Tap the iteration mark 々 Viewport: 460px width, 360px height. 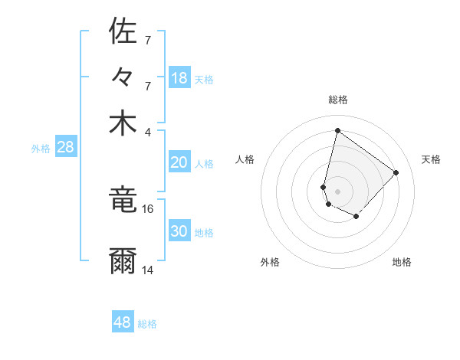pos(123,78)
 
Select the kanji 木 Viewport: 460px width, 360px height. pos(123,123)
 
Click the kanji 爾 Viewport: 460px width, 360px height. pos(123,261)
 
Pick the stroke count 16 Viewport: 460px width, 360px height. pos(148,208)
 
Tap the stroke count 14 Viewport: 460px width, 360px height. pos(148,270)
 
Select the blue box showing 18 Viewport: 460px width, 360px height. pos(179,77)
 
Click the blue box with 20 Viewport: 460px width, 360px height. pos(179,162)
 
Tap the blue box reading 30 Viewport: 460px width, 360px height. pos(179,231)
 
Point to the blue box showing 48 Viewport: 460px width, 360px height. pos(123,322)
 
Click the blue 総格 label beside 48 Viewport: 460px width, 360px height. pos(147,324)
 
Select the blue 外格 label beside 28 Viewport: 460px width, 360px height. pos(41,149)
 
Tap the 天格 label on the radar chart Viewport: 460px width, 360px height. pos(432,159)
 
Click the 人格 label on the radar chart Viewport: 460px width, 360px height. pos(245,159)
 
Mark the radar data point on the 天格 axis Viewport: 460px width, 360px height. pos(396,172)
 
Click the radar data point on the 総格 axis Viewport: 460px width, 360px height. pos(337,130)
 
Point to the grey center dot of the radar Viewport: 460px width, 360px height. pos(337,191)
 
